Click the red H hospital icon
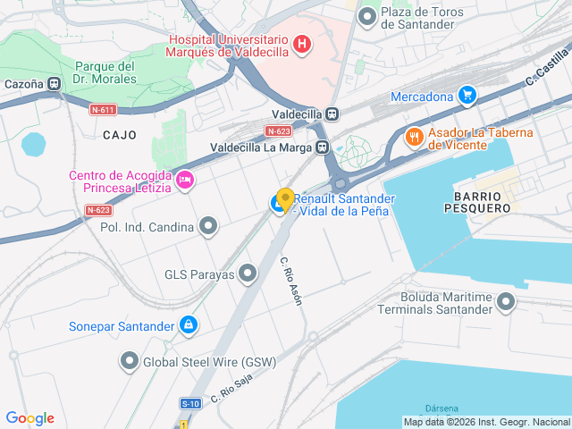302,43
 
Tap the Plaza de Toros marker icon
366,16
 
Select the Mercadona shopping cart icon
467,96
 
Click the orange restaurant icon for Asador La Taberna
414,138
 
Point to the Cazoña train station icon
55,84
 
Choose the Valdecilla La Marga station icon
322,147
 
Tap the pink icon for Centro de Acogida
185,181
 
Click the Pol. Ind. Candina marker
208,227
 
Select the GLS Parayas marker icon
248,274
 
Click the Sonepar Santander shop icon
188,325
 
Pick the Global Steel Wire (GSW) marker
129,362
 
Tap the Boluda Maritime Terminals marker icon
507,302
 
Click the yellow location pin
285,198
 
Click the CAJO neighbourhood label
120,135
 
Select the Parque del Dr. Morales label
105,72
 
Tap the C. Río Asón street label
291,282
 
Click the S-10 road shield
189,405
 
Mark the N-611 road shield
103,110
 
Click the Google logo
29,417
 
